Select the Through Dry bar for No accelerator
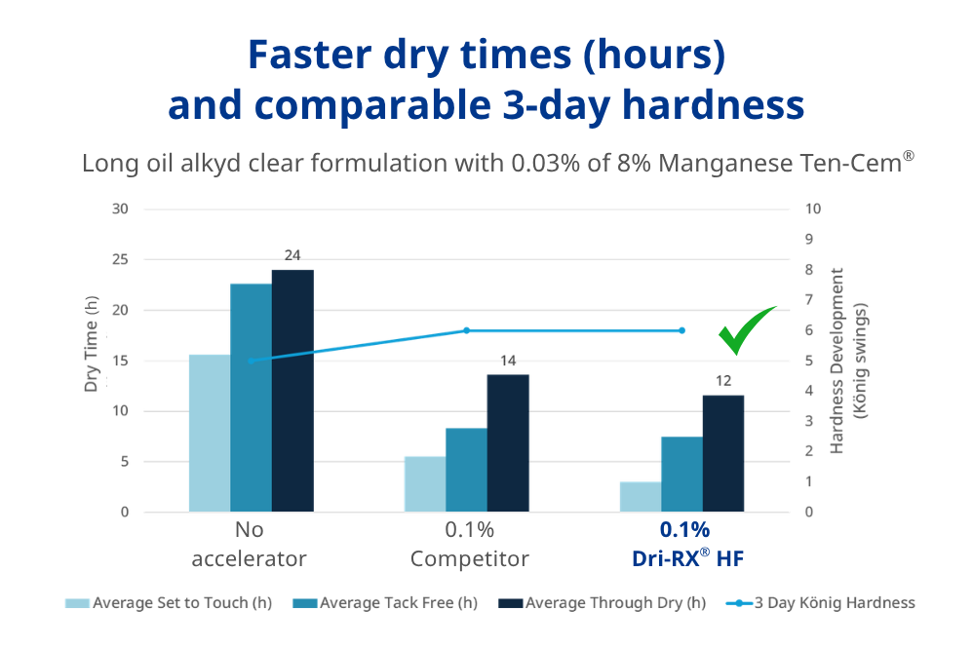point(292,390)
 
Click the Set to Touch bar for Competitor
point(425,484)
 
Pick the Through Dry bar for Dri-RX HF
point(723,453)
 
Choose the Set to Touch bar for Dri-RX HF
point(641,497)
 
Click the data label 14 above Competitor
point(508,361)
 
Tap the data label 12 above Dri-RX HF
point(723,381)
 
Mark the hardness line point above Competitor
point(466,330)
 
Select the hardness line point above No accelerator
point(251,361)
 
